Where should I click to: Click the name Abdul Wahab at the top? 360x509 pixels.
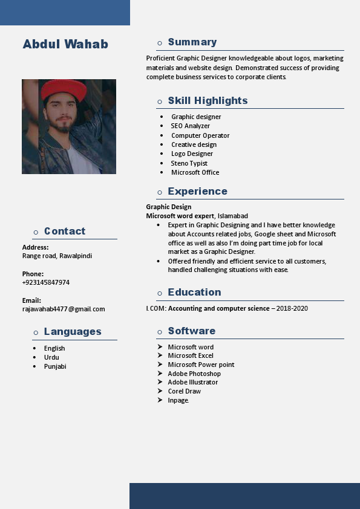click(65, 44)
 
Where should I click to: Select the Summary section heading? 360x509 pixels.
click(192, 42)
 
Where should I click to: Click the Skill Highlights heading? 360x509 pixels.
click(208, 100)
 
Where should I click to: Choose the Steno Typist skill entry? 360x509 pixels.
click(189, 163)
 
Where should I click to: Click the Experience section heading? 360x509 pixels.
click(197, 191)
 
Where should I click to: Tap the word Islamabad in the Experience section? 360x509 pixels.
click(233, 216)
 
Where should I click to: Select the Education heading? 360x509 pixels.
click(194, 292)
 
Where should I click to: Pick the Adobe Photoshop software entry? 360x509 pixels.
click(194, 374)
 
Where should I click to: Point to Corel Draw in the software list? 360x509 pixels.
click(185, 391)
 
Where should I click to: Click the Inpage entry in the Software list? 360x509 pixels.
click(178, 400)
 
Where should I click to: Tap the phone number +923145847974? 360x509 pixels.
click(46, 282)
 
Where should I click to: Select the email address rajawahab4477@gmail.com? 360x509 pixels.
click(64, 309)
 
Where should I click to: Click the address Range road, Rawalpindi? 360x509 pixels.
click(57, 256)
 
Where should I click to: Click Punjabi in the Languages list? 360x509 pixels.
click(55, 366)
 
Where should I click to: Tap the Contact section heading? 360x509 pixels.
click(65, 231)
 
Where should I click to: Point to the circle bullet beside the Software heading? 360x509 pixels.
click(160, 332)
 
